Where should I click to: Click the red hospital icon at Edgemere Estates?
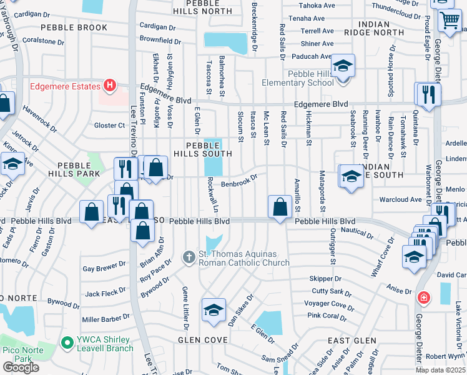click(110, 84)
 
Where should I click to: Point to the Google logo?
click(21, 367)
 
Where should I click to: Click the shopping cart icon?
click(449, 22)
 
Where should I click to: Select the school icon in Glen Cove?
click(213, 309)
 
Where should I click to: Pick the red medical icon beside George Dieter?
click(425, 297)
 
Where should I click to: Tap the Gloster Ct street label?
click(109, 126)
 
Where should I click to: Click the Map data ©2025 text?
click(440, 370)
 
